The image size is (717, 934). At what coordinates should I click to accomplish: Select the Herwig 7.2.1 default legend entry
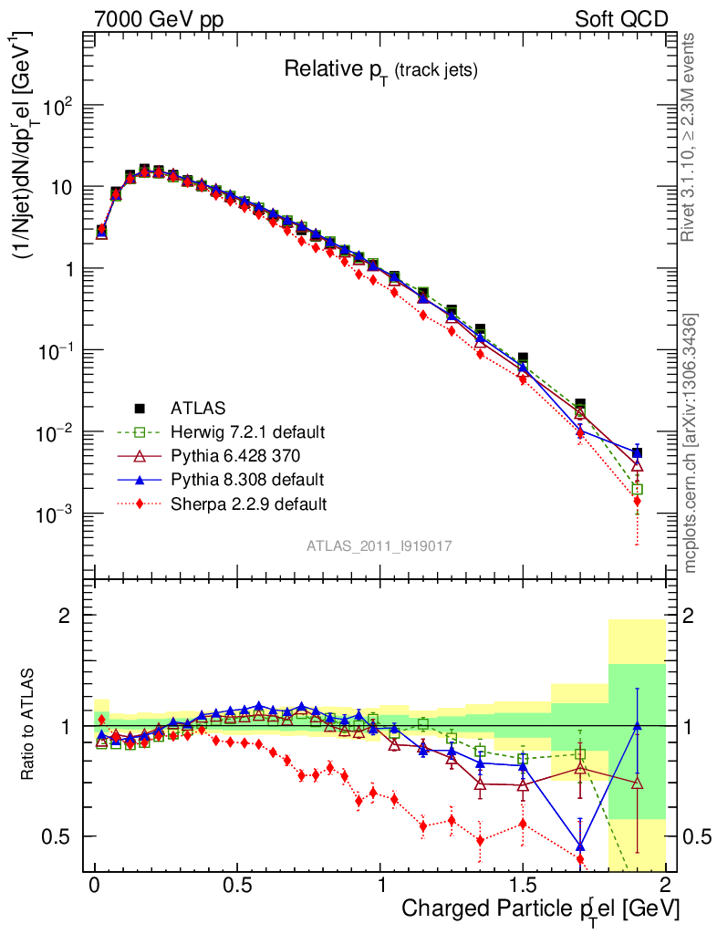point(247,431)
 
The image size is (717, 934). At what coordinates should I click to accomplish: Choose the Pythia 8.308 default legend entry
point(245,479)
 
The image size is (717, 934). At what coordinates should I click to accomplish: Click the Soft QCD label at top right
point(621,19)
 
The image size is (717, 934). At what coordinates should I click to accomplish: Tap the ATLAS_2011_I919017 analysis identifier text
point(379,545)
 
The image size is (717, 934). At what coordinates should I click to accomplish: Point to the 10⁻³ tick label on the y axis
point(53,514)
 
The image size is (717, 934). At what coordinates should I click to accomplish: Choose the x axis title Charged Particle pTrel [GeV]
point(540,908)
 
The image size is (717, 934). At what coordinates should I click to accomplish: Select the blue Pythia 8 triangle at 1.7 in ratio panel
point(580,845)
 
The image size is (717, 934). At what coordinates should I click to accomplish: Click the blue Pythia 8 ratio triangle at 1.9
point(637,726)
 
